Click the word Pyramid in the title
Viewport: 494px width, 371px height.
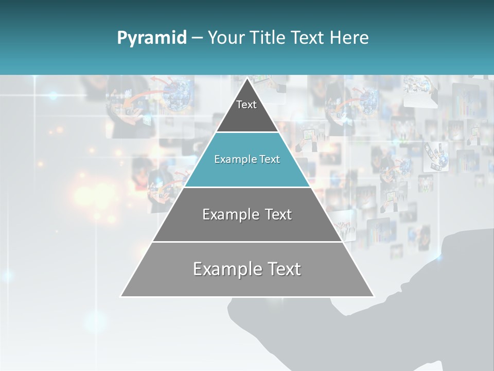tap(151, 38)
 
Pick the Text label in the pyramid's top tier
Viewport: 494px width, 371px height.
tap(246, 105)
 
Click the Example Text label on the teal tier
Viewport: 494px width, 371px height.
tap(247, 160)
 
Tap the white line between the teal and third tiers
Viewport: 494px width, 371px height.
tap(247, 187)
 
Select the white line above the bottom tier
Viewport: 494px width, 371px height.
tap(247, 242)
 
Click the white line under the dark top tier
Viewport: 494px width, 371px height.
tap(247, 132)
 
